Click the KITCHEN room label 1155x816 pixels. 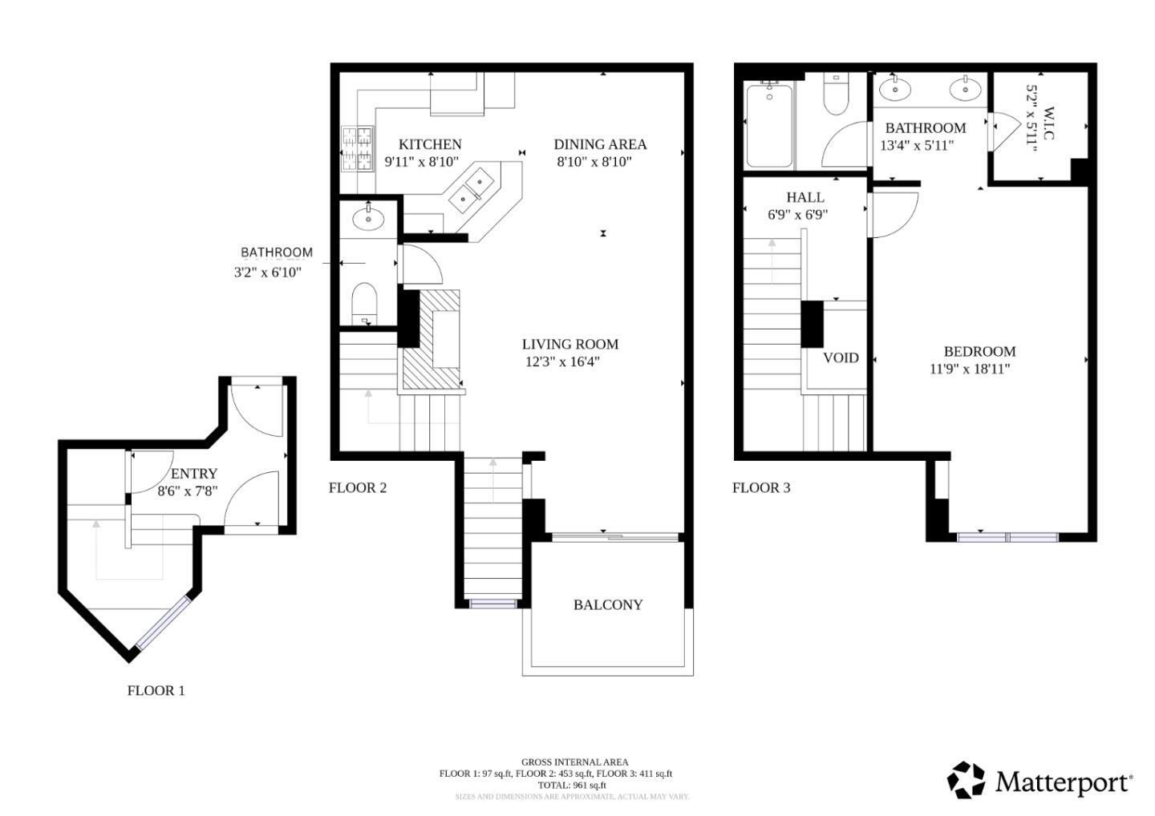(430, 144)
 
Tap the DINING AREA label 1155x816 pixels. (600, 144)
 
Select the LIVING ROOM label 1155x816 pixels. (569, 344)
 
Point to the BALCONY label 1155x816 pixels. (607, 604)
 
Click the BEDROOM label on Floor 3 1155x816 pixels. (979, 351)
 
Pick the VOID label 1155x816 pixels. (841, 358)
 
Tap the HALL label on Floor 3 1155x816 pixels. (804, 197)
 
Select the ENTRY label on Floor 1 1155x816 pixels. (193, 474)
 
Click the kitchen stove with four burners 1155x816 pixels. (358, 148)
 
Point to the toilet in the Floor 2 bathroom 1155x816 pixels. (364, 301)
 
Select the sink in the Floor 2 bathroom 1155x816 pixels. (368, 217)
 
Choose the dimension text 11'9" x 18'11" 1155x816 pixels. (969, 369)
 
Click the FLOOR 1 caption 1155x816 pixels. (156, 690)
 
